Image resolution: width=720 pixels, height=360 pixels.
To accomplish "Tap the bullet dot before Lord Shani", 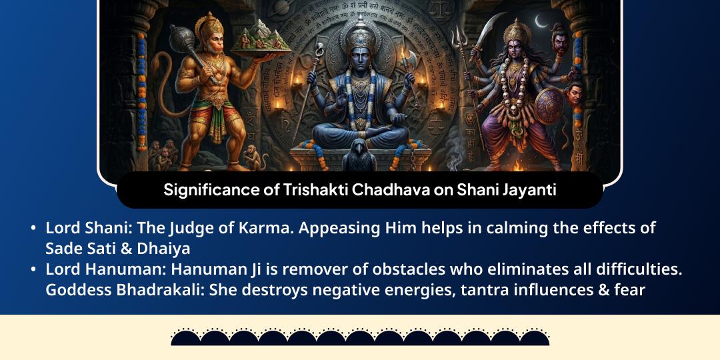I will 33,229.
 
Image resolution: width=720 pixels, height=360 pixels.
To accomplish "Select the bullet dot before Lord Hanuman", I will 33,270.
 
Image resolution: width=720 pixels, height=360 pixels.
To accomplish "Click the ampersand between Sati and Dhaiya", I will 122,249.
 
